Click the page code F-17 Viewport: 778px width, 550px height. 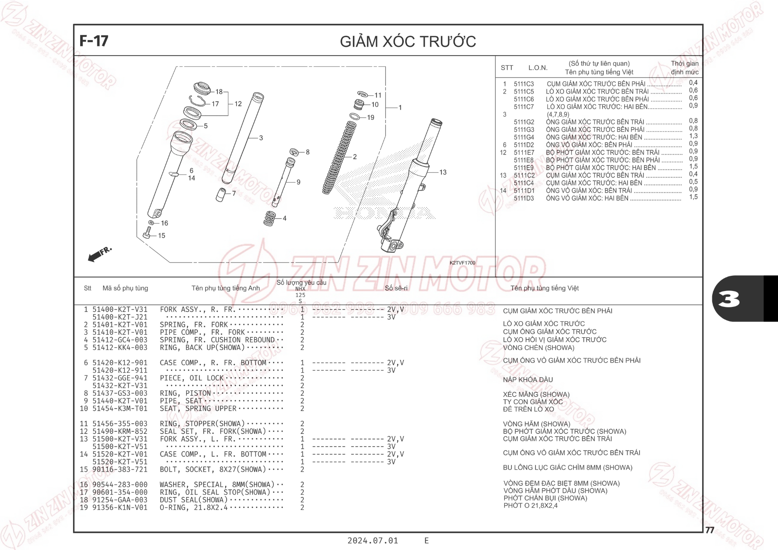pos(94,41)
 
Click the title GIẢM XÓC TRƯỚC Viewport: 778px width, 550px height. pos(408,42)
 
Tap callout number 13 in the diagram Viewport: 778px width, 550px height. pos(443,172)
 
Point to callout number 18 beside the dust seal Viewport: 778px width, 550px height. pos(219,92)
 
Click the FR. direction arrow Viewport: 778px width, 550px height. pos(100,254)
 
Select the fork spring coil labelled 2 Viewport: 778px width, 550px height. pos(339,158)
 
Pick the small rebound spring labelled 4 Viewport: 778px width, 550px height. pos(270,219)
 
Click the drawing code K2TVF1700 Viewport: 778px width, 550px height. pos(463,263)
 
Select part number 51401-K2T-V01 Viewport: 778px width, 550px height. pos(120,325)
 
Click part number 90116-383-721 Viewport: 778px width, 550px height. pos(120,469)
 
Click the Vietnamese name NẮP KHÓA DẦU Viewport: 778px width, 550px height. pos(528,380)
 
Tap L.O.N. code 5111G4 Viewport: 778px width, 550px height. pos(524,137)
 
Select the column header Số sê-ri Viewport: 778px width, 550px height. pos(396,288)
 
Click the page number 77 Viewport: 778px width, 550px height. pos(710,530)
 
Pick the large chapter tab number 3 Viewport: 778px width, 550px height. pos(729,299)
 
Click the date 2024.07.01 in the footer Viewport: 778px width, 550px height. pos(373,541)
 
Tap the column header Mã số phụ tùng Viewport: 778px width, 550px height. pos(125,288)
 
